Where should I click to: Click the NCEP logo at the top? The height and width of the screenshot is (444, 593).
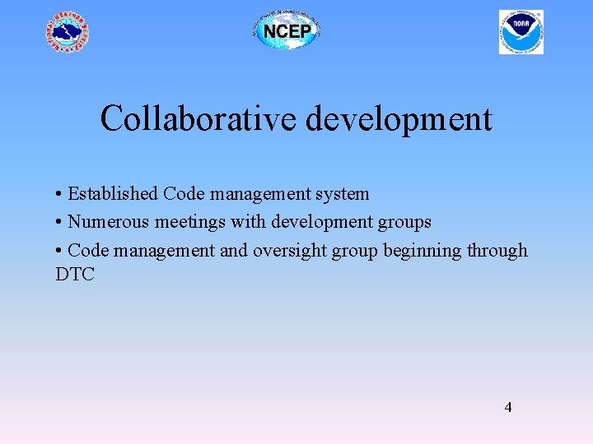pos(285,31)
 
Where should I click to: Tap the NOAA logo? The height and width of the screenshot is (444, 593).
pos(521,32)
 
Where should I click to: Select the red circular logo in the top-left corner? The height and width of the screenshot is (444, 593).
pos(67,33)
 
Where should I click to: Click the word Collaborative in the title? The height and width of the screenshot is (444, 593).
pos(198,119)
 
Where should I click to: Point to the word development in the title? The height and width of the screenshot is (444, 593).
pos(399,120)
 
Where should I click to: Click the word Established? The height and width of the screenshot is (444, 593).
pos(112,194)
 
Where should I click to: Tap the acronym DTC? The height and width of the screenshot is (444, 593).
pos(75,275)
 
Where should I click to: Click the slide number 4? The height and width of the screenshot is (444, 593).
pos(508,407)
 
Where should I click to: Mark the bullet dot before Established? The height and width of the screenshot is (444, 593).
pos(59,195)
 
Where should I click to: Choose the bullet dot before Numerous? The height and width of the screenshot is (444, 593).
pos(59,223)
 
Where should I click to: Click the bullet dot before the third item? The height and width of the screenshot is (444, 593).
pos(59,251)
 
